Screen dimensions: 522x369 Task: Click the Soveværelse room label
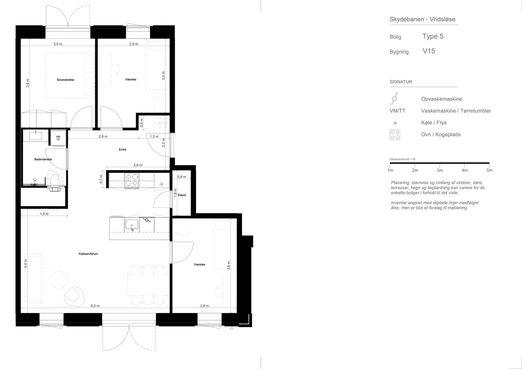coord(65,80)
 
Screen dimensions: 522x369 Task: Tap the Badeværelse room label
coord(43,159)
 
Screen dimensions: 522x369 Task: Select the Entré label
coord(123,150)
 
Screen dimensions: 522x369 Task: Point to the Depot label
coord(182,195)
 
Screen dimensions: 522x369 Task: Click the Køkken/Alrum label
coord(88,254)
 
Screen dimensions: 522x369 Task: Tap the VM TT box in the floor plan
coord(58,138)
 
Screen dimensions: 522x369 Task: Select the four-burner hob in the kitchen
coord(132,180)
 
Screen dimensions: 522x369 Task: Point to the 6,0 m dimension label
coord(95,306)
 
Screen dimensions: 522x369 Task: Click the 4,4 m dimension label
coord(26,264)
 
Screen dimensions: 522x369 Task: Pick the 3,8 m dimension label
coord(229,266)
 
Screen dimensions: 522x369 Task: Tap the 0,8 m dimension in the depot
coord(182,177)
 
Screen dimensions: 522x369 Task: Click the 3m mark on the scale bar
coord(440,170)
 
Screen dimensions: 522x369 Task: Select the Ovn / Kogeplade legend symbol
coord(395,134)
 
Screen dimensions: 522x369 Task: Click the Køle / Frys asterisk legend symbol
coord(395,123)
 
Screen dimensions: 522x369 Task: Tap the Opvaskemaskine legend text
coord(442,99)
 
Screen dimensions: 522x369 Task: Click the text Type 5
coord(433,36)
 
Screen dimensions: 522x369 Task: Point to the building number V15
coord(429,51)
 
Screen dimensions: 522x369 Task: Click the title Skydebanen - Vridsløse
coord(423,19)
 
